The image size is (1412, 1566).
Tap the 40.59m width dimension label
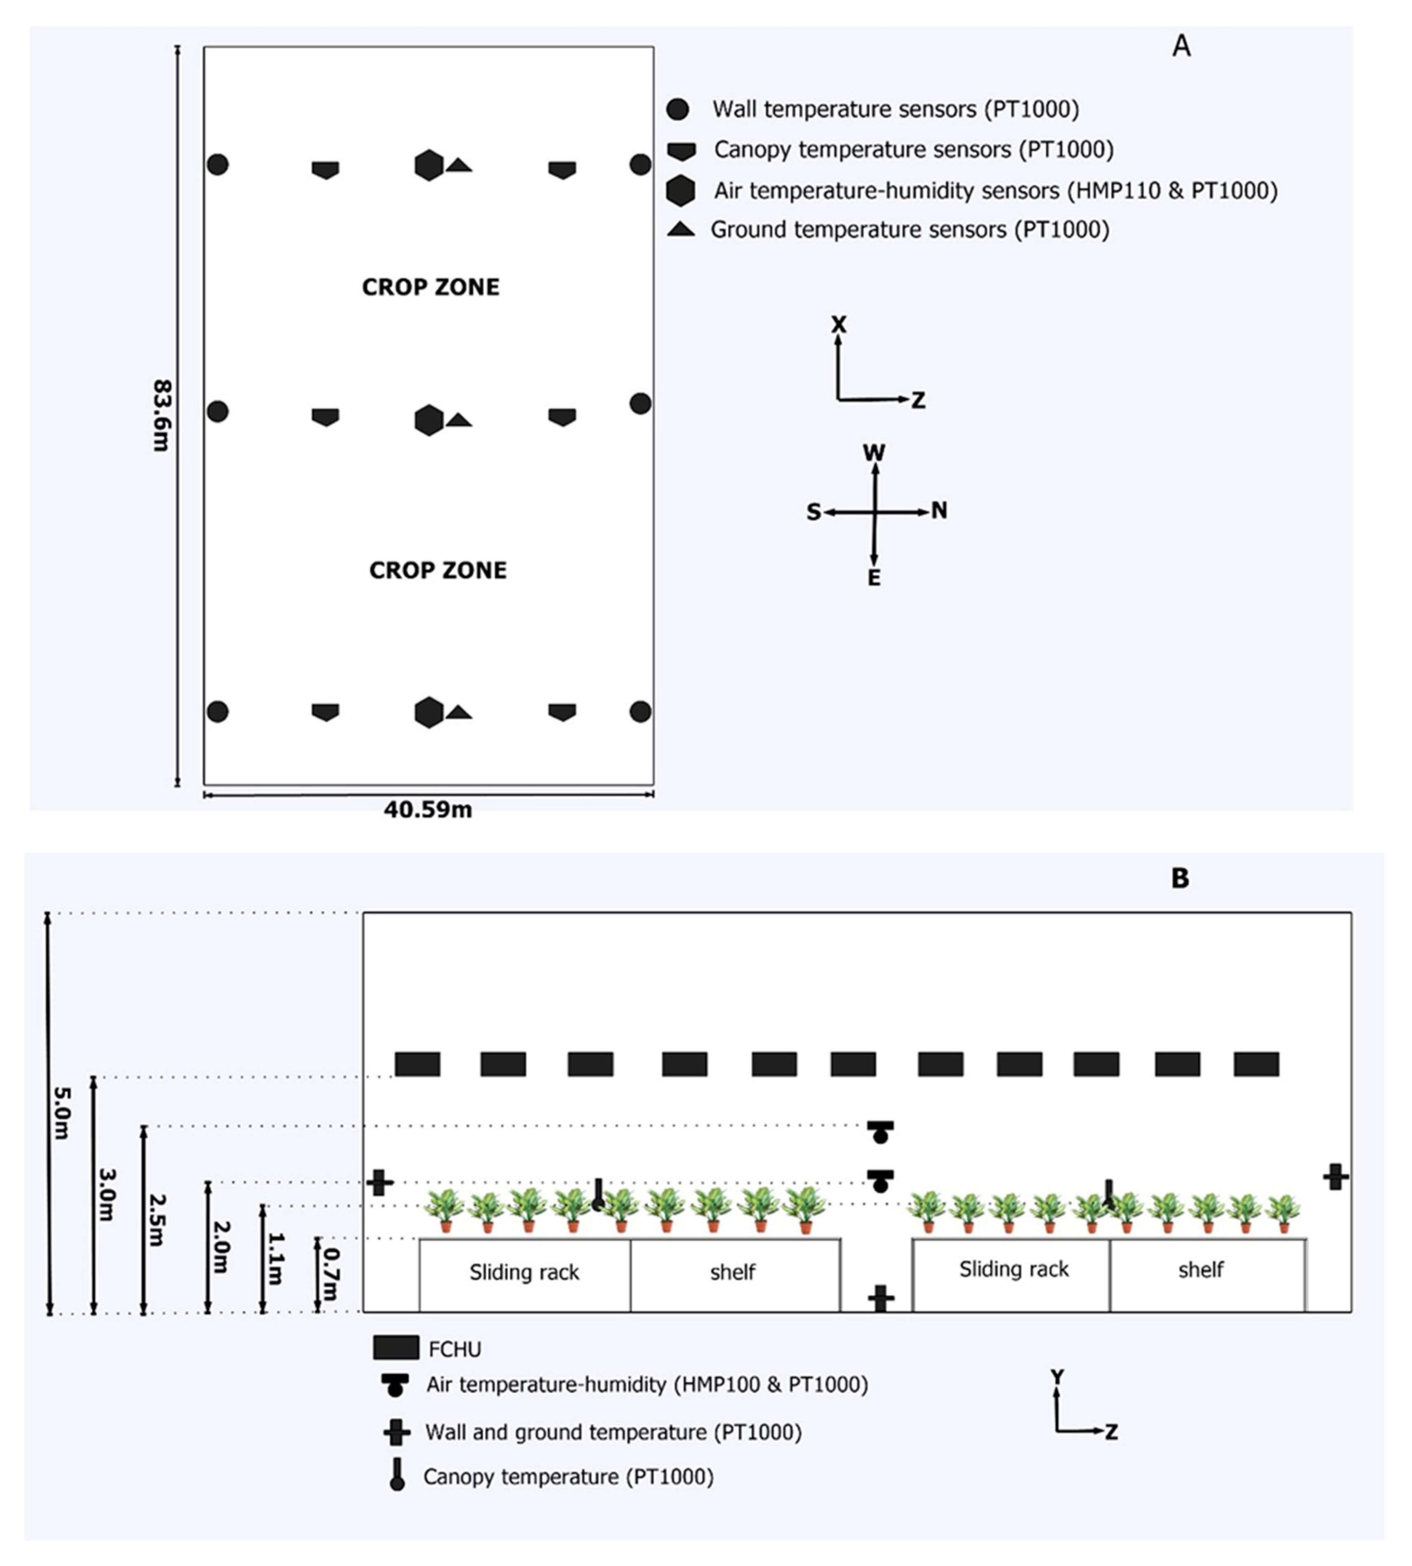428,810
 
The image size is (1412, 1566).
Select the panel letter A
1181,47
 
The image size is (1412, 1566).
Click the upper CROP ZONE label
430,287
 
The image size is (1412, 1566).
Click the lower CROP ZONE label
437,570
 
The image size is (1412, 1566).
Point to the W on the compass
874,452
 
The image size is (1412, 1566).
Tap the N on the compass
939,510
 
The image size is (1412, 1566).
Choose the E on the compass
874,578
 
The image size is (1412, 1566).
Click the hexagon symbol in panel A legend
680,190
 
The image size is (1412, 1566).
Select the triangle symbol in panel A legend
681,229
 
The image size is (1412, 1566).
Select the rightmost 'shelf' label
1200,1270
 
